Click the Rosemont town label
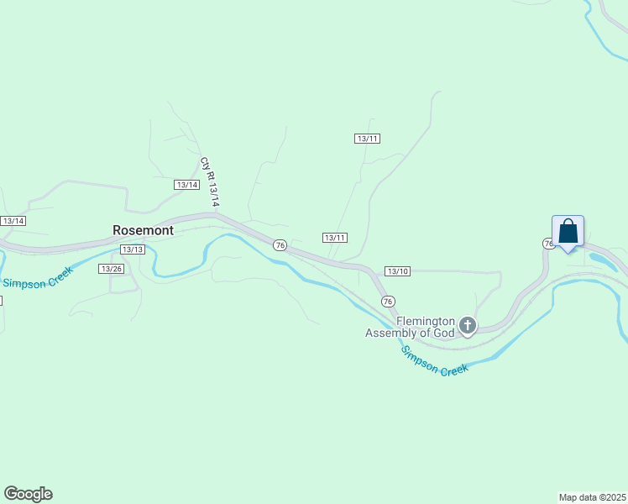click(x=143, y=230)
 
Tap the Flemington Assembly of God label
click(x=410, y=327)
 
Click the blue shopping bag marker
click(x=568, y=231)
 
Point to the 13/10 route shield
click(x=397, y=270)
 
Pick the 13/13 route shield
click(x=133, y=249)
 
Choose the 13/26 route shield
click(x=111, y=268)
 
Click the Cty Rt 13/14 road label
click(x=209, y=182)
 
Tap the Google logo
click(x=28, y=494)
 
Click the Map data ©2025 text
click(x=592, y=497)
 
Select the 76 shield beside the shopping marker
click(x=547, y=243)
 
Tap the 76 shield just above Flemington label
click(x=387, y=301)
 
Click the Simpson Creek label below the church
click(x=433, y=360)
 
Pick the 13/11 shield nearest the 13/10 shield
click(x=335, y=238)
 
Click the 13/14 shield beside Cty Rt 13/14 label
click(x=186, y=184)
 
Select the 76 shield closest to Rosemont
click(x=280, y=244)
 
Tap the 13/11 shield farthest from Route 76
click(x=367, y=138)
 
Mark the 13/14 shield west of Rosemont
click(x=13, y=220)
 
